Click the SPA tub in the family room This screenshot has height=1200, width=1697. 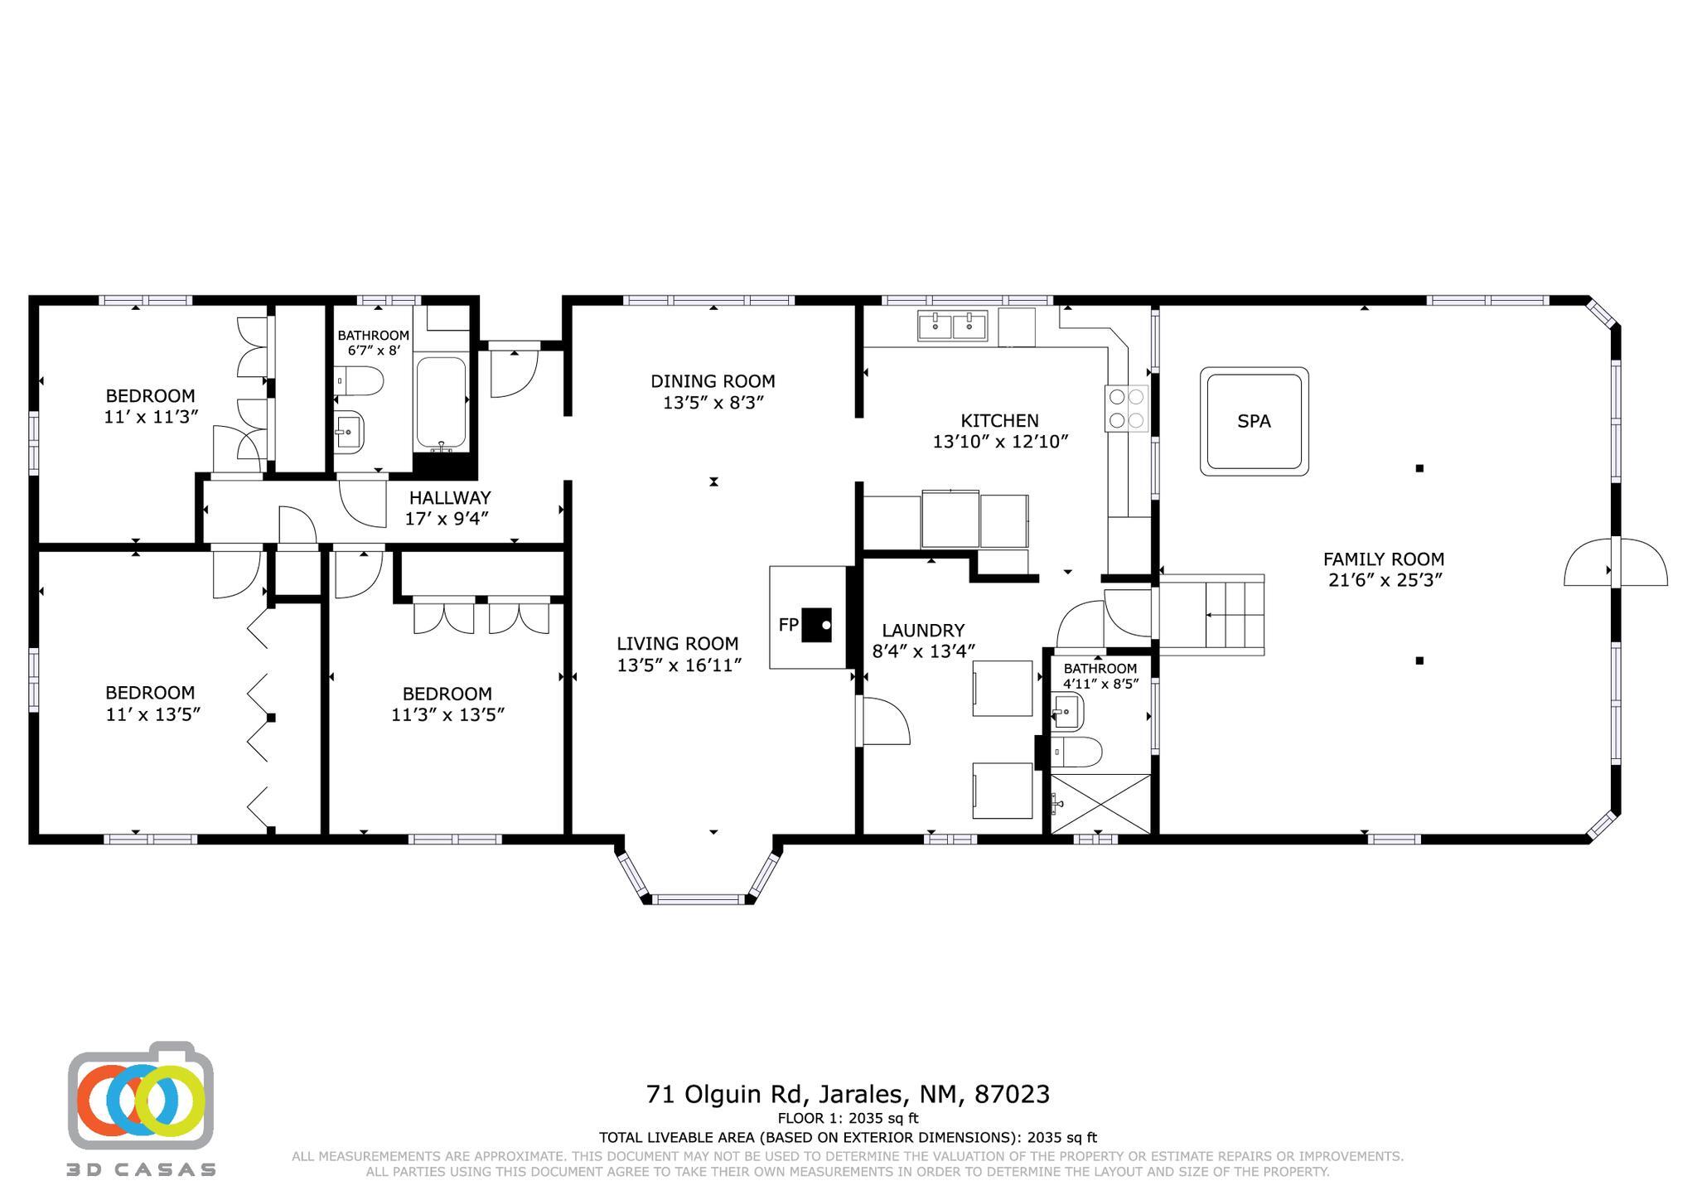pos(1254,421)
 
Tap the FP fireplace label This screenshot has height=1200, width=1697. pos(787,625)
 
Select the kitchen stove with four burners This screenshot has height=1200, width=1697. pos(1127,409)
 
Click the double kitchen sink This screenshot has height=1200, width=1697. pos(952,326)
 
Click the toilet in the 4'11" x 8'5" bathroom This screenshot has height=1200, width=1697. pos(1078,752)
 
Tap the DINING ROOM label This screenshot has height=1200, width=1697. pos(713,381)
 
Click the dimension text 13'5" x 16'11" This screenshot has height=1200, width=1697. pos(679,665)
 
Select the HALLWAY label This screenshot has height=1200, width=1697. pos(450,498)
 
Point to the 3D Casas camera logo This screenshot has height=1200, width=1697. pos(141,1095)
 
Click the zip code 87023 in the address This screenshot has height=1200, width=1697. pos(1012,1095)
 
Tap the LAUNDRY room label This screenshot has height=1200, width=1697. pos(923,631)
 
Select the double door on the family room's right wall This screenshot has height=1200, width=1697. pos(1615,563)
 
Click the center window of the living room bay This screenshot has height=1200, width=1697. pos(699,899)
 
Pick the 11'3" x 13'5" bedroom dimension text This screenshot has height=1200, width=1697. pos(447,714)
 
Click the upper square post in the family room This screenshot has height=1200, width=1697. pos(1419,468)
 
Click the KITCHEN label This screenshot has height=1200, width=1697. pos(999,421)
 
